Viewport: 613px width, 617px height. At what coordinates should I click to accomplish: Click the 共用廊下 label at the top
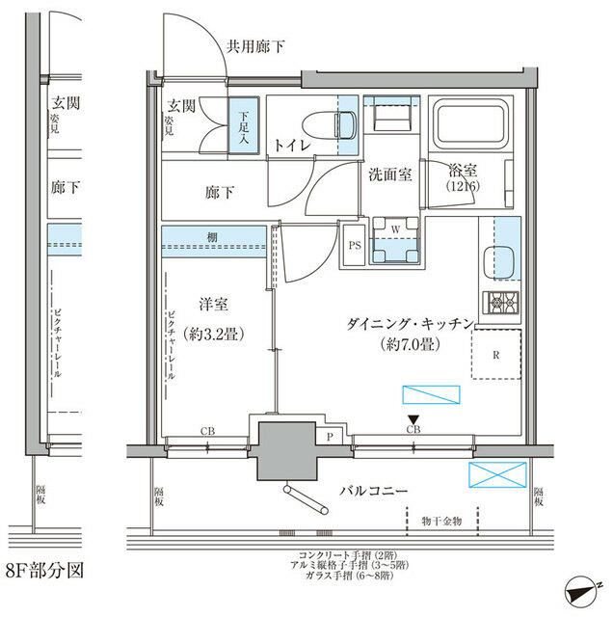tap(255, 46)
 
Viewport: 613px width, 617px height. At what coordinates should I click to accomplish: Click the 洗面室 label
tap(390, 174)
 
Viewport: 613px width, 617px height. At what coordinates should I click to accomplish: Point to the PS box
tap(354, 245)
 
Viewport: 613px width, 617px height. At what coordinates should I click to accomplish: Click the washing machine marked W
tap(395, 241)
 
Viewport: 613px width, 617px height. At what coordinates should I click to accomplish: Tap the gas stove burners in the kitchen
tap(502, 302)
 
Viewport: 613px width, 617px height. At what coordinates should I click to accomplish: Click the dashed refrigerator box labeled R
tap(495, 353)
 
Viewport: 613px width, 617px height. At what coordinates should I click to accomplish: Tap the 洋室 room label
tap(214, 304)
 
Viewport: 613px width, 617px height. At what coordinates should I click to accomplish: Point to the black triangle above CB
tap(413, 417)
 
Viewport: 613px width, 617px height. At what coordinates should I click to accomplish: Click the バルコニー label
tap(373, 491)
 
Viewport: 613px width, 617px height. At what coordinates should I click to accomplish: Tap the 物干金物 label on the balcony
tap(441, 520)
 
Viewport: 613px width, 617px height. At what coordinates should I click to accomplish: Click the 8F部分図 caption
tap(44, 570)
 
